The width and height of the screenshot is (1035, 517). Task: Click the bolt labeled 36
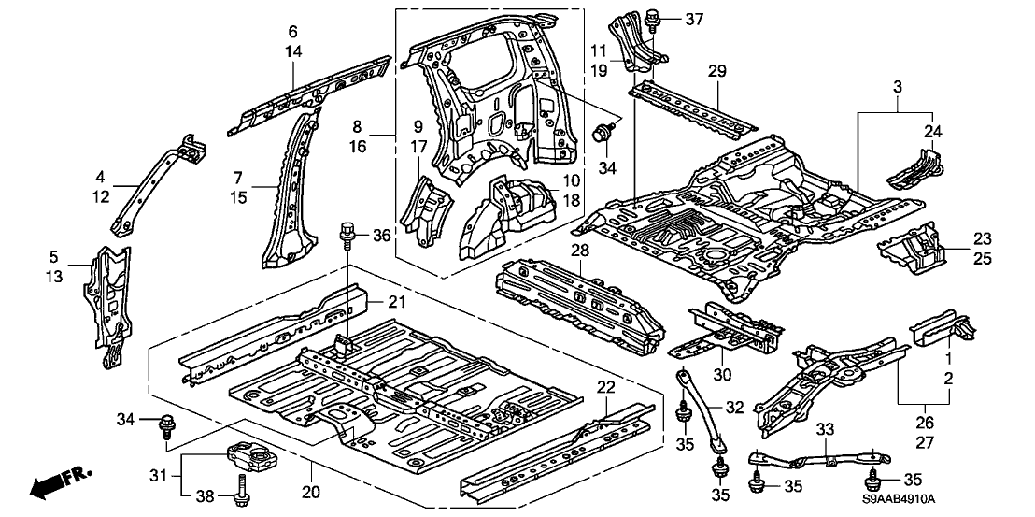pyautogui.click(x=349, y=230)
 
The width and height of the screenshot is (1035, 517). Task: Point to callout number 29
pyautogui.click(x=716, y=72)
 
